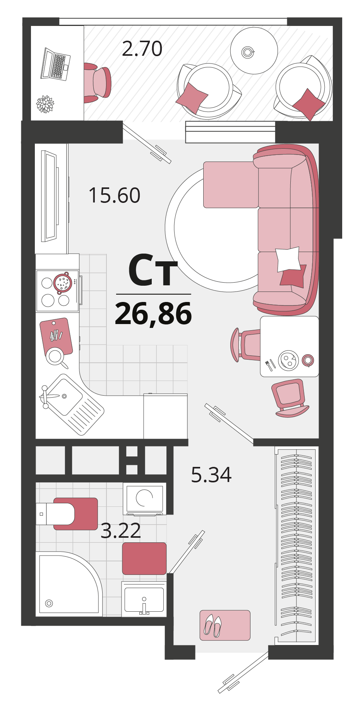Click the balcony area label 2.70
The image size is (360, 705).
pyautogui.click(x=142, y=49)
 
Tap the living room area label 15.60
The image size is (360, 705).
pyautogui.click(x=114, y=195)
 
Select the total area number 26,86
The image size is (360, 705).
pyautogui.click(x=153, y=314)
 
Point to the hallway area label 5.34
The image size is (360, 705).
pyautogui.click(x=211, y=475)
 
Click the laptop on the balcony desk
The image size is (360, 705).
pyautogui.click(x=55, y=64)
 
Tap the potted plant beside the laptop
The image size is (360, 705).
pyautogui.click(x=45, y=104)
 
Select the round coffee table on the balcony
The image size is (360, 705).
pyautogui.click(x=254, y=51)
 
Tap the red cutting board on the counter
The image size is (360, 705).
pyautogui.click(x=56, y=336)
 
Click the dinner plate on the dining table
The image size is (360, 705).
pyautogui.click(x=289, y=360)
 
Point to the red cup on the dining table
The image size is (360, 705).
pyautogui.click(x=308, y=360)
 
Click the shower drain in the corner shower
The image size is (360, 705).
pyautogui.click(x=49, y=603)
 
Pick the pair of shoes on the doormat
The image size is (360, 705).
pyautogui.click(x=213, y=625)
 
